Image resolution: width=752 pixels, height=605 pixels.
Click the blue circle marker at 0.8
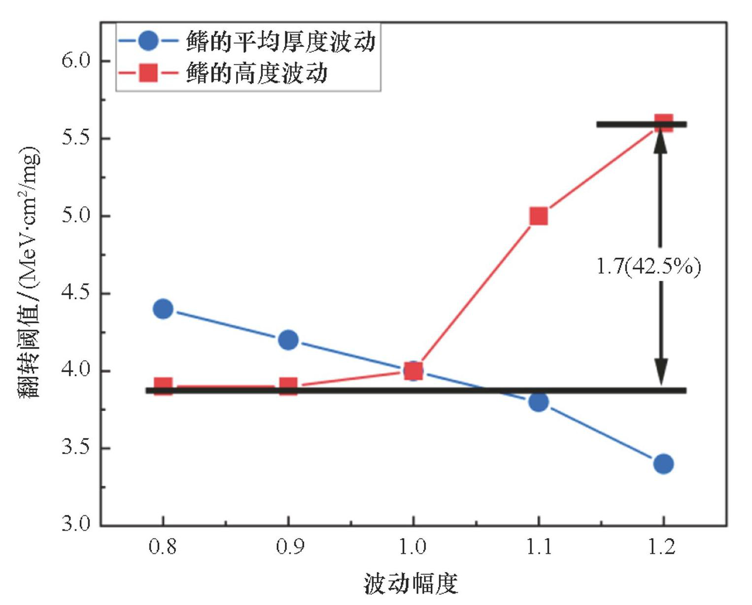(163, 309)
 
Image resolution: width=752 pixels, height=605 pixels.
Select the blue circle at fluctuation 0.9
(288, 340)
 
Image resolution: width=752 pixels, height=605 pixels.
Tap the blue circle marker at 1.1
(539, 402)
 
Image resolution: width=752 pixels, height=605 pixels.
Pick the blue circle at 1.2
(663, 464)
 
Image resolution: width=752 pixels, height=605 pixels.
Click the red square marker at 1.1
(539, 216)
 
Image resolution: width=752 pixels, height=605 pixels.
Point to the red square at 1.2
(664, 123)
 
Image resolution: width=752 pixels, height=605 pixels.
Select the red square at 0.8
(163, 386)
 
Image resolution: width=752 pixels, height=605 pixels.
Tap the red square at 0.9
(288, 386)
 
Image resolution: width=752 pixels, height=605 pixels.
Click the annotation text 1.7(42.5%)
(648, 267)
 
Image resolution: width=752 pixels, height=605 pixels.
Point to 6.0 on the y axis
(76, 61)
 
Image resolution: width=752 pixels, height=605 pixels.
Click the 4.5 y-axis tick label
(76, 293)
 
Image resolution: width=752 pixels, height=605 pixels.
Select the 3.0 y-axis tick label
(76, 524)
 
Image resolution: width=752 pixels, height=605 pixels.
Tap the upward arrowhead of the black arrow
(660, 139)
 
